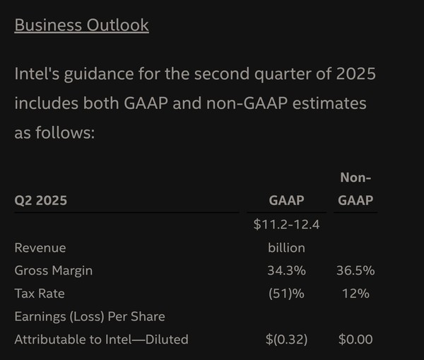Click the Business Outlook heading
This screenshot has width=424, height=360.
[81, 25]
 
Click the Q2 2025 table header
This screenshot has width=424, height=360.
[41, 200]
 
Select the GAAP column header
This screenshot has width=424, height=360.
[286, 200]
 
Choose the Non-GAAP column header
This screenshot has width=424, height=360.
[355, 189]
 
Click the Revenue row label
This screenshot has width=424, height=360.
[40, 248]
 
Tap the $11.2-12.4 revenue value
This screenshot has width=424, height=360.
[286, 225]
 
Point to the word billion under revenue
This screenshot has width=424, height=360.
[286, 248]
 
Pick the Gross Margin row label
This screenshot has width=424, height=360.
[54, 270]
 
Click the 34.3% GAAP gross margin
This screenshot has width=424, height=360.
[286, 270]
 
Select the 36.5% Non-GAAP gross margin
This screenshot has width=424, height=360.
[355, 270]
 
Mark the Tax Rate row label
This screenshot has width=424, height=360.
[40, 293]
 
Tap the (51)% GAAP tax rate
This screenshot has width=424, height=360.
[286, 293]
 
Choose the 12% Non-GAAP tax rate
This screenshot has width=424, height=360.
[355, 293]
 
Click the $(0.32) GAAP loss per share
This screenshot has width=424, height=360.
[286, 339]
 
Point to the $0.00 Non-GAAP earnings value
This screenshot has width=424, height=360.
[355, 339]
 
